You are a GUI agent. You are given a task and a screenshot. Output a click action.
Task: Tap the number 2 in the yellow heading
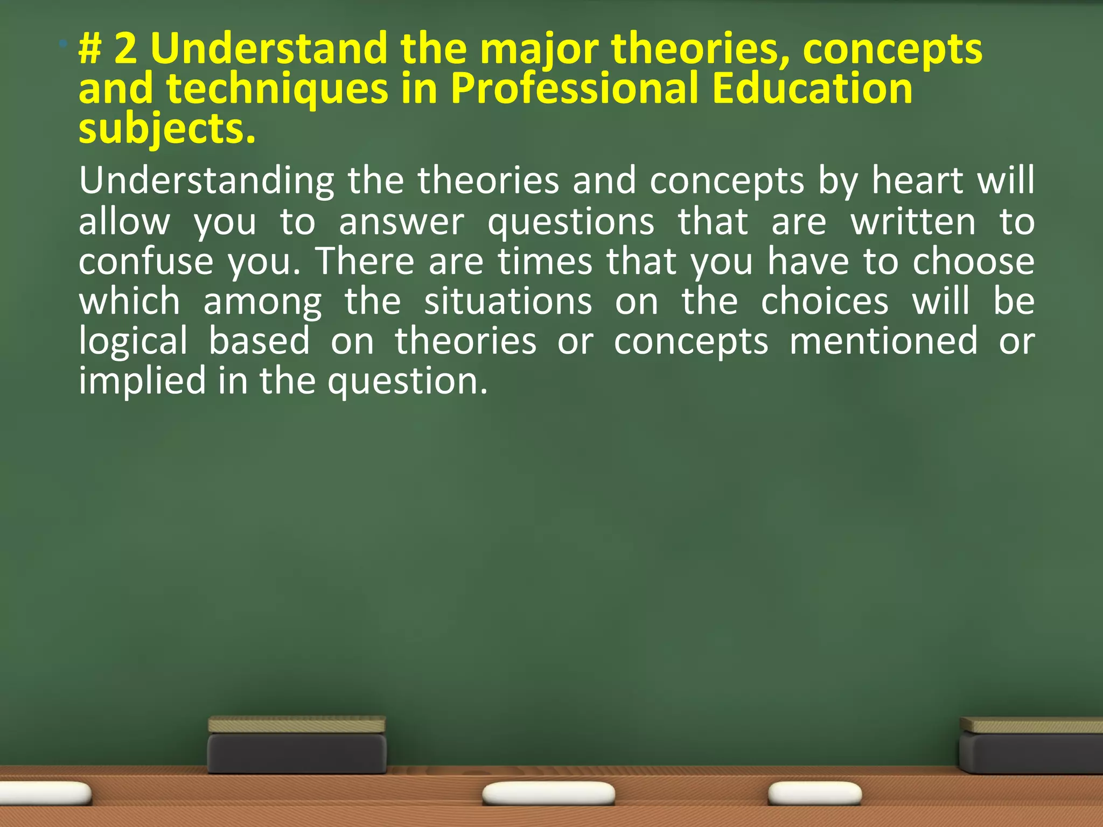[x=126, y=48]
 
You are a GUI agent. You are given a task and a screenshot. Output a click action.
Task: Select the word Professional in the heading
[x=574, y=88]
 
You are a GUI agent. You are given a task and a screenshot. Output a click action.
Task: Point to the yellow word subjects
[x=166, y=130]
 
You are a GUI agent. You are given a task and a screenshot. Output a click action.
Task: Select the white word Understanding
[x=206, y=181]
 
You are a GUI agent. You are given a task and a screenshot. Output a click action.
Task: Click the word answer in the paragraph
[x=401, y=221]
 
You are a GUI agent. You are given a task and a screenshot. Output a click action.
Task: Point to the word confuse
[x=146, y=261]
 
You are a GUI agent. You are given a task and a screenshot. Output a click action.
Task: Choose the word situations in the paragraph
[x=508, y=301]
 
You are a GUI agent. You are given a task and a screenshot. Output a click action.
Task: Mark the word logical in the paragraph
[x=133, y=342]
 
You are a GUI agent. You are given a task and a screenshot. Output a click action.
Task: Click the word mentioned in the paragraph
[x=883, y=341]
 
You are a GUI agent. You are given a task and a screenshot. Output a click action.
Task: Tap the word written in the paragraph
[x=913, y=221]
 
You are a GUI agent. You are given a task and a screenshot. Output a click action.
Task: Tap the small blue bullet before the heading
[x=64, y=43]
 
